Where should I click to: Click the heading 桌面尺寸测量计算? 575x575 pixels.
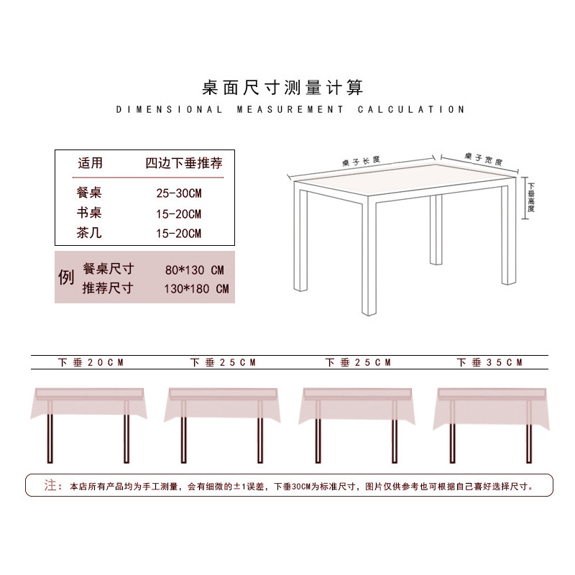click(x=282, y=88)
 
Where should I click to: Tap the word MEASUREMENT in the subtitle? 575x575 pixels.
click(x=290, y=110)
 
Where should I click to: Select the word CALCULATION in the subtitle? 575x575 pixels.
click(x=411, y=110)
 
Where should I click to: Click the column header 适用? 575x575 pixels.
click(x=91, y=163)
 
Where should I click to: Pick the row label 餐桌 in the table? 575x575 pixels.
click(x=91, y=193)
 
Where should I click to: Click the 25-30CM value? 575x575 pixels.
click(x=179, y=193)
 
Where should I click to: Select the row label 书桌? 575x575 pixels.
click(x=91, y=213)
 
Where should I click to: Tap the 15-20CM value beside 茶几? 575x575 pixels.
click(x=179, y=233)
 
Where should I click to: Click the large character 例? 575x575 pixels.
click(x=66, y=277)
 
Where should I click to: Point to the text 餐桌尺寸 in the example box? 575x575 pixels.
click(x=108, y=269)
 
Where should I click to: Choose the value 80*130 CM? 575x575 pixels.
click(x=194, y=270)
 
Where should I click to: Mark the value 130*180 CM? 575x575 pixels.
click(x=196, y=289)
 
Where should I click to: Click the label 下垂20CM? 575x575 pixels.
click(x=91, y=363)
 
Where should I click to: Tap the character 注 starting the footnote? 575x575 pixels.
click(x=50, y=485)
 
